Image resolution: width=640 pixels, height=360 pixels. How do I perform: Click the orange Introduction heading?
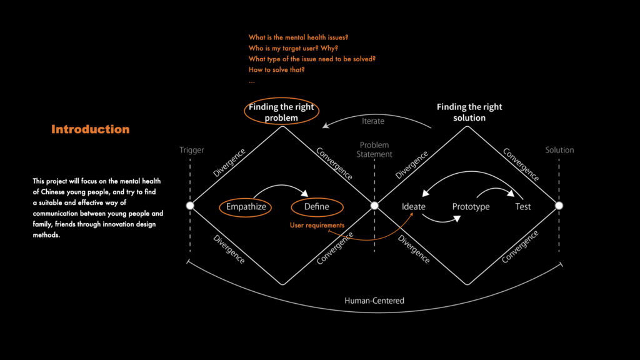(x=91, y=129)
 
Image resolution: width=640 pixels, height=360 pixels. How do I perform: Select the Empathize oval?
(x=246, y=207)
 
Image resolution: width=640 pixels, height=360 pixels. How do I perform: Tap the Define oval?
(x=318, y=207)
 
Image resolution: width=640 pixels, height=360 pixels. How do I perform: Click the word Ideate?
(x=414, y=207)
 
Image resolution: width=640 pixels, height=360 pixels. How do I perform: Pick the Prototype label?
(x=471, y=207)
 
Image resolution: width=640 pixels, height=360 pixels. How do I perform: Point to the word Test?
(x=523, y=207)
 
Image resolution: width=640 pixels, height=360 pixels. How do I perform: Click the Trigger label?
(x=192, y=150)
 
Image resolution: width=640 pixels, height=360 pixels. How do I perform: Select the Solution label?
(x=559, y=150)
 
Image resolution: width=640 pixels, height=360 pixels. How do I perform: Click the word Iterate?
(x=373, y=121)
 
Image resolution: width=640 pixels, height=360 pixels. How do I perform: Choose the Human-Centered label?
(x=374, y=301)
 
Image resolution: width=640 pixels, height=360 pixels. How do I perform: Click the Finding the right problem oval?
(x=281, y=112)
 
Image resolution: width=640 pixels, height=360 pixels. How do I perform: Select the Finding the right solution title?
(x=469, y=112)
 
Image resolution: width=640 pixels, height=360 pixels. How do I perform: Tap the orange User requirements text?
(x=317, y=225)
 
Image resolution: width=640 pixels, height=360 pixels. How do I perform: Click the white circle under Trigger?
(x=190, y=206)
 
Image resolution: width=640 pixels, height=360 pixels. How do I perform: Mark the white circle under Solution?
(x=559, y=206)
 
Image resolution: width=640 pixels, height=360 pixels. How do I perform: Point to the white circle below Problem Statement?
(x=375, y=206)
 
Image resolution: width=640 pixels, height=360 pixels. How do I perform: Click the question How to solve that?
(x=276, y=69)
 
